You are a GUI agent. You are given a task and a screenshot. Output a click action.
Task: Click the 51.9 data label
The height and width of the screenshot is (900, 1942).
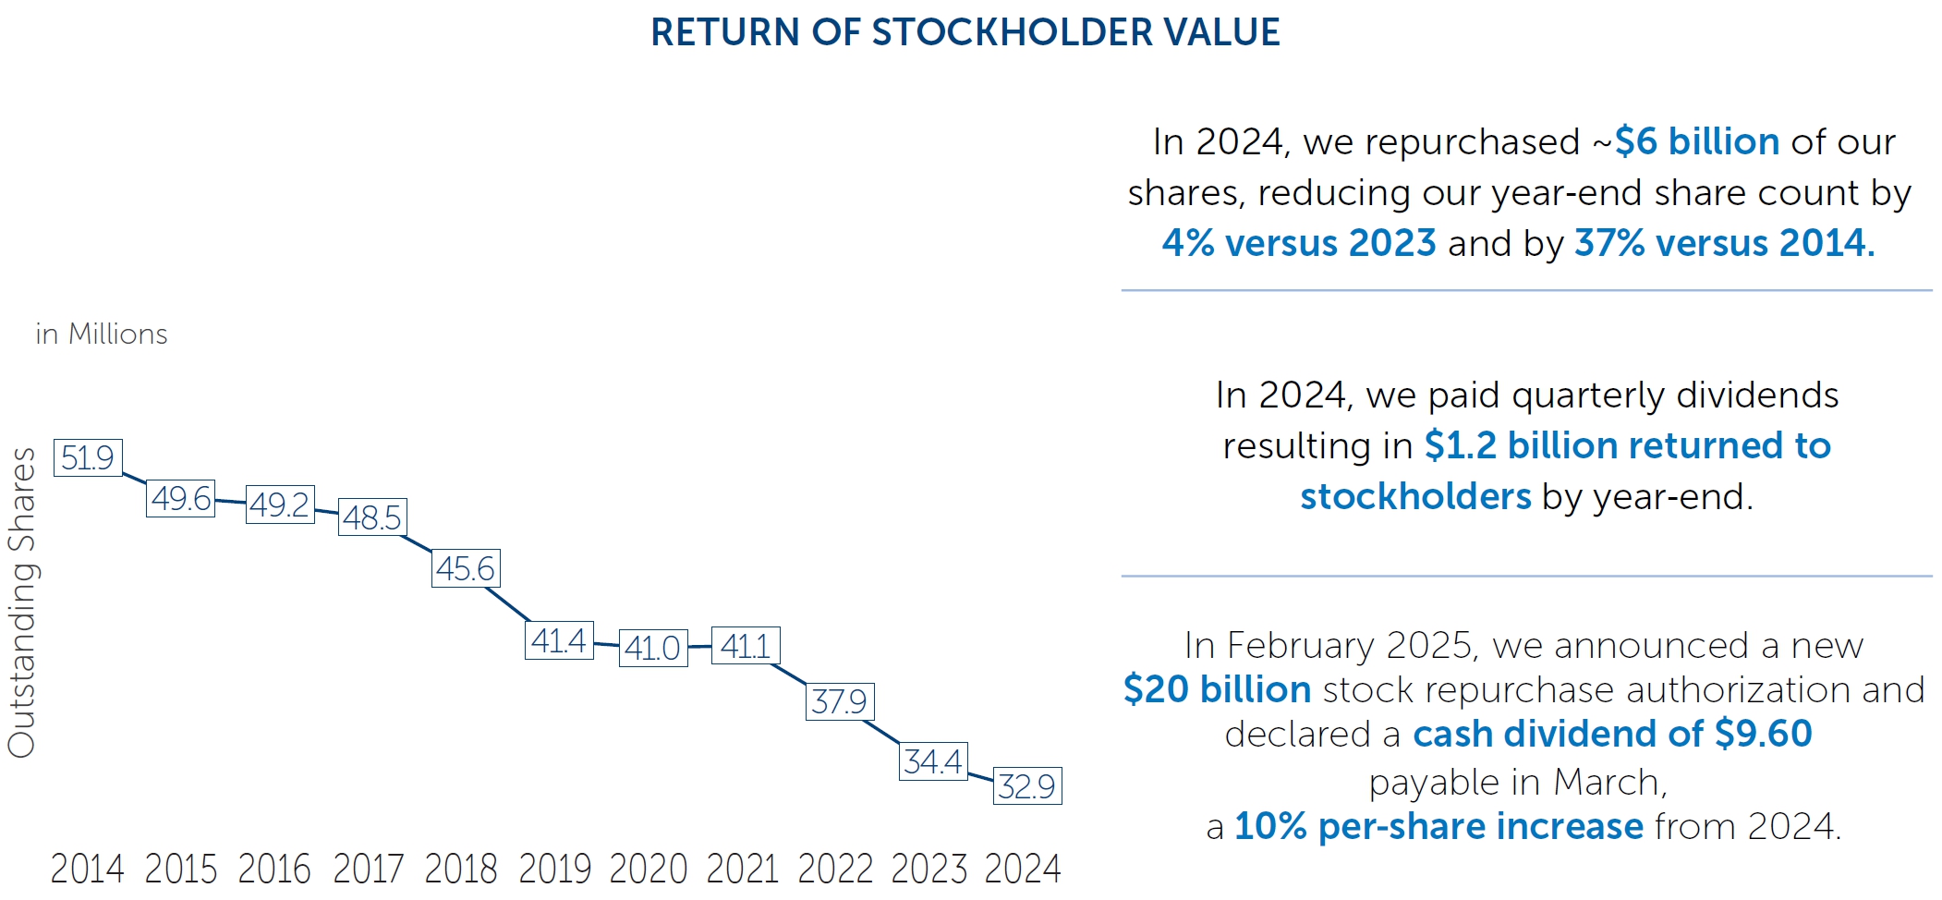click(88, 458)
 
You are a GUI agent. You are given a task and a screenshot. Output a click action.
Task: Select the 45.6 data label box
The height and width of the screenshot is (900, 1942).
click(466, 568)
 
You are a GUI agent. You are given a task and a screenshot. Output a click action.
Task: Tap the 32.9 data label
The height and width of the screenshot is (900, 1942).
click(1027, 786)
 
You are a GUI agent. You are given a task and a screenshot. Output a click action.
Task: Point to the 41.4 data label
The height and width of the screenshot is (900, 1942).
click(559, 640)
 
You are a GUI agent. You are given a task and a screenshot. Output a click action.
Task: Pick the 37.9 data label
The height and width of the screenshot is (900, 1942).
click(840, 702)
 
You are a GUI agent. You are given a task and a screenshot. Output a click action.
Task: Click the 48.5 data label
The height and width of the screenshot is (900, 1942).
click(372, 517)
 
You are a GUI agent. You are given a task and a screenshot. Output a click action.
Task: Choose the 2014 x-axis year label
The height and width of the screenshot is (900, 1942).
click(87, 869)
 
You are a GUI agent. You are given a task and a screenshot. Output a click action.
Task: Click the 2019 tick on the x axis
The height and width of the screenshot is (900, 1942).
click(554, 869)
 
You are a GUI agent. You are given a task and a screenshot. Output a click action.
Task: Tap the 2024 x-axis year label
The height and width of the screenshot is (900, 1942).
click(1023, 869)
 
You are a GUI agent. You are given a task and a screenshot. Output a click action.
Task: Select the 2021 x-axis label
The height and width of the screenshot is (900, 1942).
click(742, 869)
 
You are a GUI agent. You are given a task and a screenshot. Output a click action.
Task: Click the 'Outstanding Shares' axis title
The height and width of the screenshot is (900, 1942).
click(22, 602)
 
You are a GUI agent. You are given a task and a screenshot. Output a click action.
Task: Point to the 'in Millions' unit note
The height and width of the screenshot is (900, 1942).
click(102, 334)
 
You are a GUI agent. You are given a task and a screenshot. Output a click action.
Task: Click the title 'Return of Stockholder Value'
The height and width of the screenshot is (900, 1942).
click(965, 32)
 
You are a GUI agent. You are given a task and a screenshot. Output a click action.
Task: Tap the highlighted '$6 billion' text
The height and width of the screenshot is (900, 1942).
click(1697, 142)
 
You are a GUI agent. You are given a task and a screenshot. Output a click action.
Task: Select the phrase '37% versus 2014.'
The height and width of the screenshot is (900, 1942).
click(1725, 243)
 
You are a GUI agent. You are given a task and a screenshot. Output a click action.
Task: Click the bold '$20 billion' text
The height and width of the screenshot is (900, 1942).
click(1217, 690)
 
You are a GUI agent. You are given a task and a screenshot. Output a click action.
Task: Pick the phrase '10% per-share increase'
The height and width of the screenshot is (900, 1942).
click(1438, 826)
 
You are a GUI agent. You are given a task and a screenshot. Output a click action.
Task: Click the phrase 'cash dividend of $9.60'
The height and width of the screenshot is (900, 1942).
click(1612, 735)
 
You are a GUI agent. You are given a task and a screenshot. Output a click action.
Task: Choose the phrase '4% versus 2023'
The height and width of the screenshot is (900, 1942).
click(1299, 243)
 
